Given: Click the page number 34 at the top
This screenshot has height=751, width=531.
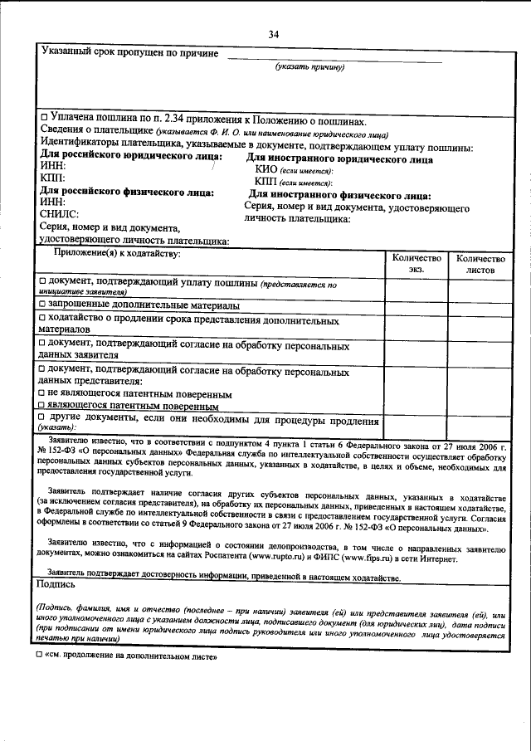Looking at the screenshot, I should coord(274,34).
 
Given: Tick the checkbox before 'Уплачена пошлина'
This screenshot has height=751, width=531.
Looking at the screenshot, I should coord(45,120).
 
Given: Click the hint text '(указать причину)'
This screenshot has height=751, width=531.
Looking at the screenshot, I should coord(309,67).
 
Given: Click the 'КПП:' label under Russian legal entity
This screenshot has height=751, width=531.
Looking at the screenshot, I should coord(54,178).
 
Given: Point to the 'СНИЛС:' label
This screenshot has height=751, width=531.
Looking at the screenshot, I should coord(61,214).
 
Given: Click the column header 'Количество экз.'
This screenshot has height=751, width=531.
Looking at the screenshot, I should coord(416,263).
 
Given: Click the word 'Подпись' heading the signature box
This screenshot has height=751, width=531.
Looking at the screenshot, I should coord(56,583).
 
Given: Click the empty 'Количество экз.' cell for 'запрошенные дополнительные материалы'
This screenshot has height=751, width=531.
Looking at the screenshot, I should coord(416,306).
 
